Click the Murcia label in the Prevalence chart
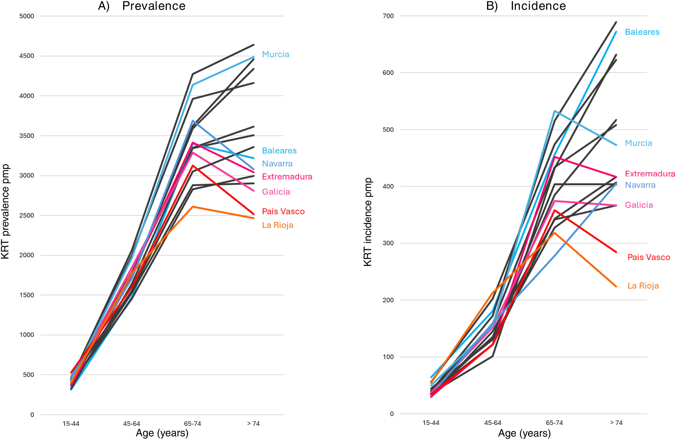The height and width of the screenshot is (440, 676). tap(275, 54)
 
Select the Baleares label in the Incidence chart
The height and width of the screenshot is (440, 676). tap(642, 32)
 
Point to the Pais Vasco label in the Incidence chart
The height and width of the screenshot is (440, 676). tap(648, 257)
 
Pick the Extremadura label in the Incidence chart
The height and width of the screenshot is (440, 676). tap(650, 174)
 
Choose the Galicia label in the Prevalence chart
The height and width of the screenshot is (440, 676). tap(276, 192)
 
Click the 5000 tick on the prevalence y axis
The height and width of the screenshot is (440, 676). tap(27, 16)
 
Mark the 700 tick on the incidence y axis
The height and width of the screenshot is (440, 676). tap(388, 16)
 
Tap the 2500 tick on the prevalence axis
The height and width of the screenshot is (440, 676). tap(27, 215)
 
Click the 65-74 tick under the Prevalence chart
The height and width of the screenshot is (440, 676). tap(192, 424)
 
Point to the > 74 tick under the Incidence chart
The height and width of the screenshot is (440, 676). tap(616, 423)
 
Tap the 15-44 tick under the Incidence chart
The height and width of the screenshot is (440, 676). tap(431, 423)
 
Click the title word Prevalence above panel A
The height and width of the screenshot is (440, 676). tap(154, 6)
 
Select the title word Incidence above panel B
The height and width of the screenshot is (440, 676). tap(538, 6)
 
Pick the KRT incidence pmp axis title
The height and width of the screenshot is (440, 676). tap(368, 222)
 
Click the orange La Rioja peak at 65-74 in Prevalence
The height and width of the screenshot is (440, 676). tap(193, 207)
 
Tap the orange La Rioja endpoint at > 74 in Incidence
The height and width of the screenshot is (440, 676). tap(616, 286)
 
